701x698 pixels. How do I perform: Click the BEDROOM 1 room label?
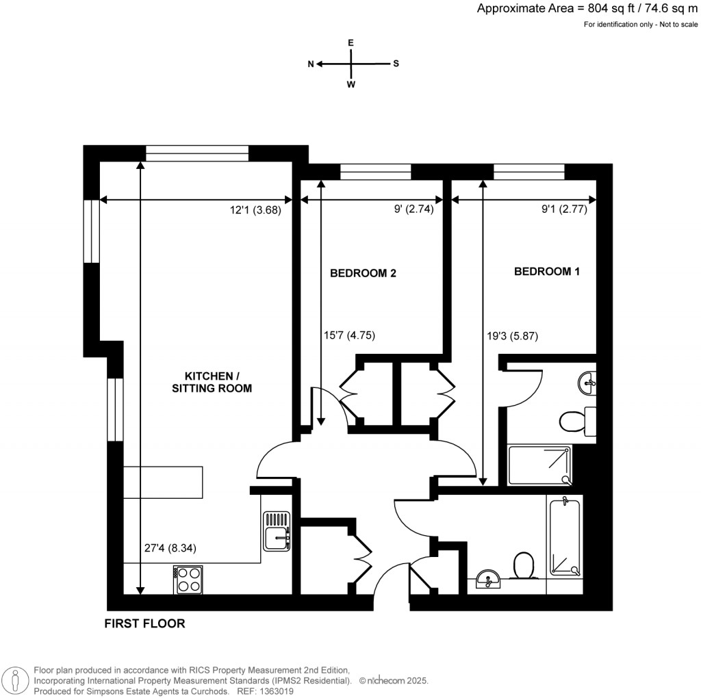(547, 272)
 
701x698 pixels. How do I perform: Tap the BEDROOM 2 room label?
(363, 274)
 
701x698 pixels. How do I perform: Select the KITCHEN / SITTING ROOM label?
(218, 382)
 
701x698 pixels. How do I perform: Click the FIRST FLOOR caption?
(144, 623)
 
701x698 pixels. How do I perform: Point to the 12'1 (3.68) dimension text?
(256, 211)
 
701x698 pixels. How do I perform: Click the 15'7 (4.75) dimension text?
(349, 335)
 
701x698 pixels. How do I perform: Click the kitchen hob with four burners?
(188, 580)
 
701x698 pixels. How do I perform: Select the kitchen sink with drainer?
(277, 532)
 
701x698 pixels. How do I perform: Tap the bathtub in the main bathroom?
(564, 536)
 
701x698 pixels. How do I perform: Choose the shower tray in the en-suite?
(539, 465)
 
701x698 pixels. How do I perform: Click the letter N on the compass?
(311, 64)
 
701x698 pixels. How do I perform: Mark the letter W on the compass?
(351, 85)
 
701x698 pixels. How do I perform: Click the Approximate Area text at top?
(587, 9)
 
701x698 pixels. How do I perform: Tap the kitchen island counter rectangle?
(164, 482)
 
